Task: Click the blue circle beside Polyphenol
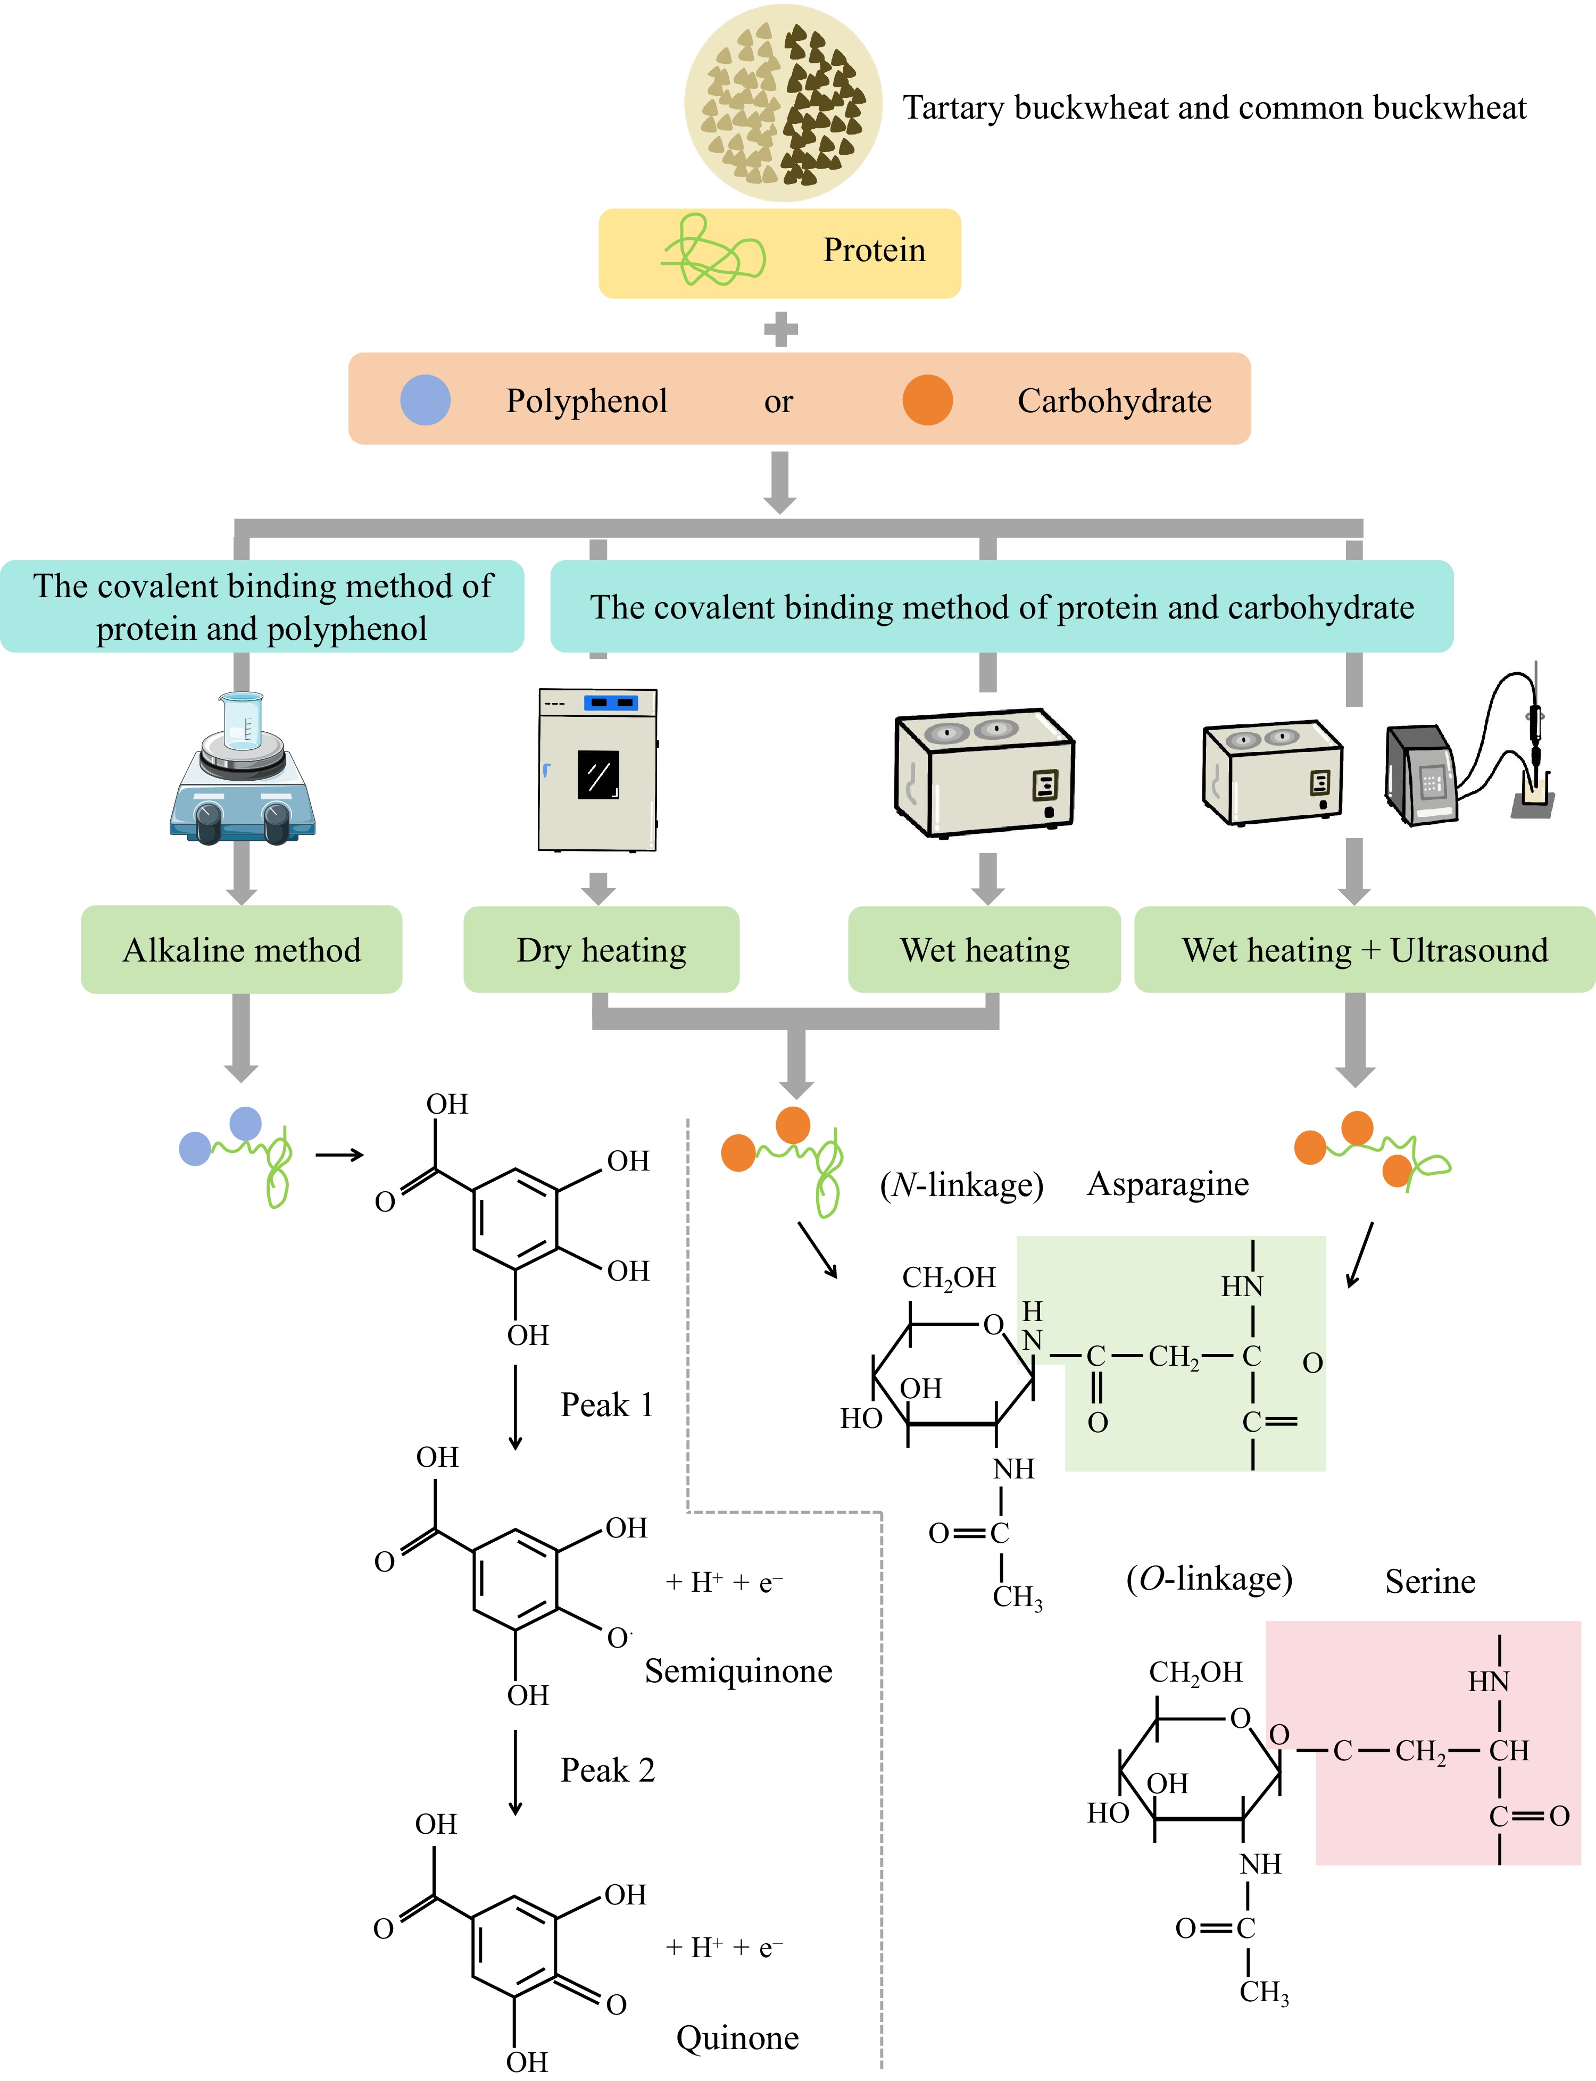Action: (x=425, y=400)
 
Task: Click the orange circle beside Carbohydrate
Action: (x=927, y=400)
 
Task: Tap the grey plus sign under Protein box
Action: (x=780, y=330)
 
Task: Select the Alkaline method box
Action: (x=242, y=950)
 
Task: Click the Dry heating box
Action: (x=601, y=950)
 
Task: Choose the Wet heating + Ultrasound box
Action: (x=1364, y=950)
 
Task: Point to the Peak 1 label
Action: (x=606, y=1405)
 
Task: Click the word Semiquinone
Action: (x=738, y=1670)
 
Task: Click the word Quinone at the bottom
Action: (x=737, y=2037)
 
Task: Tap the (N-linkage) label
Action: (x=961, y=1185)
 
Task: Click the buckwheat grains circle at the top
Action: (x=783, y=103)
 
